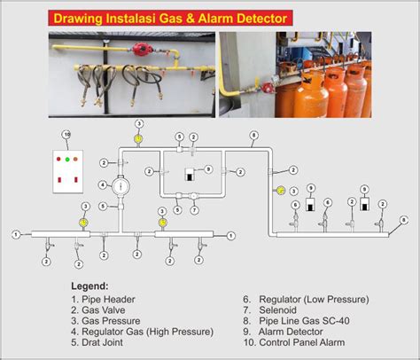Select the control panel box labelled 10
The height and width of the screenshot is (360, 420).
click(x=67, y=168)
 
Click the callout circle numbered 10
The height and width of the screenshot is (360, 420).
click(x=66, y=135)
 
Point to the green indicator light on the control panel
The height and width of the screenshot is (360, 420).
click(x=67, y=159)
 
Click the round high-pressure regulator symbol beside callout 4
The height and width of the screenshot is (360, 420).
click(x=122, y=185)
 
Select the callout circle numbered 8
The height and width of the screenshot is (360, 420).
click(x=253, y=135)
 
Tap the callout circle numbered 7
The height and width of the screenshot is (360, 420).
click(x=194, y=209)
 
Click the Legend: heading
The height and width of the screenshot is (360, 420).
click(x=89, y=286)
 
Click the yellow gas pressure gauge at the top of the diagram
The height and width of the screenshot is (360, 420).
click(x=137, y=138)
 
